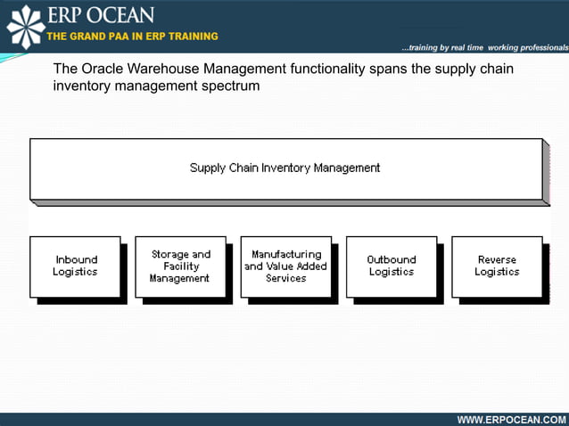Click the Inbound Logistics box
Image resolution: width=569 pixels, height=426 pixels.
pos(75,266)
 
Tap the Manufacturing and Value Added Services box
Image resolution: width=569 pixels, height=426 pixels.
pos(285,266)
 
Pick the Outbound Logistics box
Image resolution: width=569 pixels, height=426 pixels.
pos(391,266)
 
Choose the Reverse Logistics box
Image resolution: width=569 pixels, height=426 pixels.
pos(497,266)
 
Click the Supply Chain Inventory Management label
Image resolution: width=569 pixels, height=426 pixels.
pos(284,168)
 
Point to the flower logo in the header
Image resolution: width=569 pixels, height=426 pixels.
pos(25,25)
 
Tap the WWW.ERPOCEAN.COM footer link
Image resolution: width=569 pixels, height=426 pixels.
pos(511,419)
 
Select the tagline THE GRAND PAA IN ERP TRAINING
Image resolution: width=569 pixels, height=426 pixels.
pos(132,37)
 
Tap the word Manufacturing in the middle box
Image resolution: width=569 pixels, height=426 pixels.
pos(285,254)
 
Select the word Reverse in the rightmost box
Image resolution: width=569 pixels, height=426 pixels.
pos(497,260)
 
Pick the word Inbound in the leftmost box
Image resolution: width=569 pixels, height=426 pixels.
pos(76,260)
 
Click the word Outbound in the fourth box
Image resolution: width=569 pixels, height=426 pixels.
pos(392,260)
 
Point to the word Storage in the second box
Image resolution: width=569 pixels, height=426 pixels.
pos(169,254)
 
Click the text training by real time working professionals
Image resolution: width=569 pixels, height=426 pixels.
pos(484,47)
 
